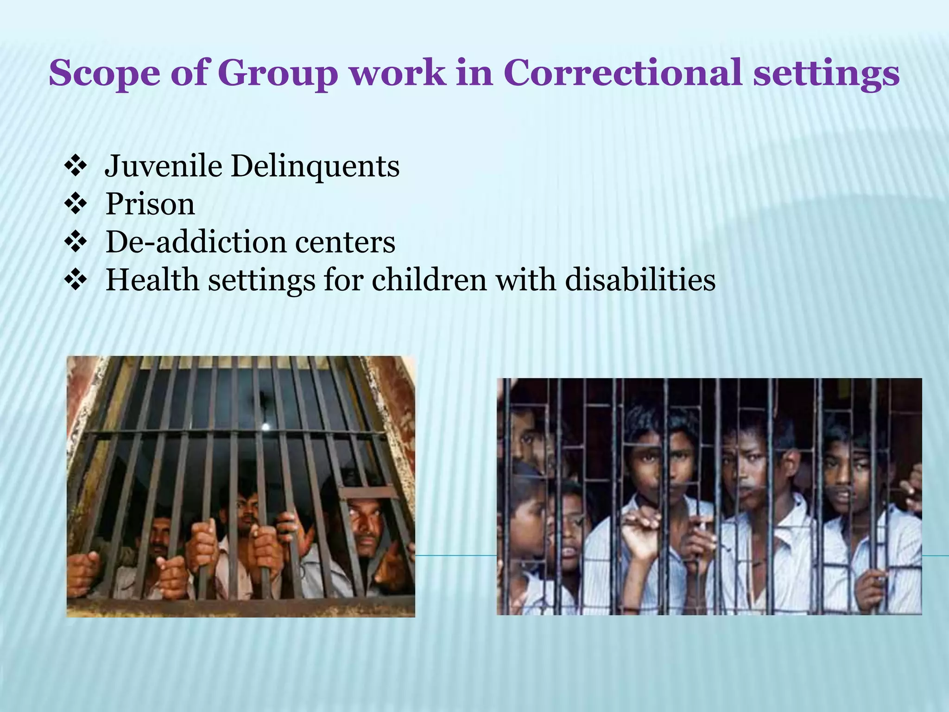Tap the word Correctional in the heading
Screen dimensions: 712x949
pos(624,73)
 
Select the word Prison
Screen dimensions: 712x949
pos(150,204)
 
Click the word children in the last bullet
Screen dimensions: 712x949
pos(429,280)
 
